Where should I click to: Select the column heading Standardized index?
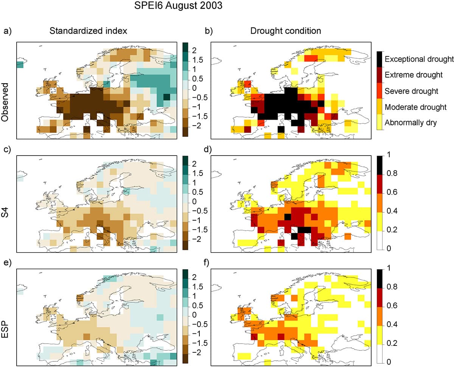pos(88,31)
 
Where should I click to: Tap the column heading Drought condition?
pos(286,31)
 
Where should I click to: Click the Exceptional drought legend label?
pos(419,59)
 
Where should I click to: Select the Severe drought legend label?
pos(411,91)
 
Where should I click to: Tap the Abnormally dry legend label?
pos(411,123)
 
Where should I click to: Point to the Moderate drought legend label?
pos(415,107)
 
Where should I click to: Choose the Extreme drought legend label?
pos(414,75)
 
